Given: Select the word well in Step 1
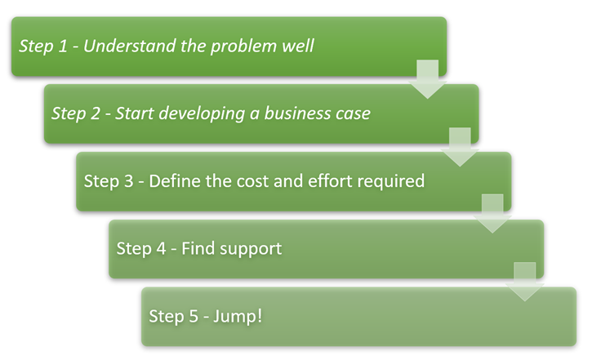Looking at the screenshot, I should (298, 46).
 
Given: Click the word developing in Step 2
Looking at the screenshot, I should (194, 113).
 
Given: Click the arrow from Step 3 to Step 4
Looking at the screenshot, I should (492, 214).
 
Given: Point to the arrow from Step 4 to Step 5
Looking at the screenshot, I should (525, 282).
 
